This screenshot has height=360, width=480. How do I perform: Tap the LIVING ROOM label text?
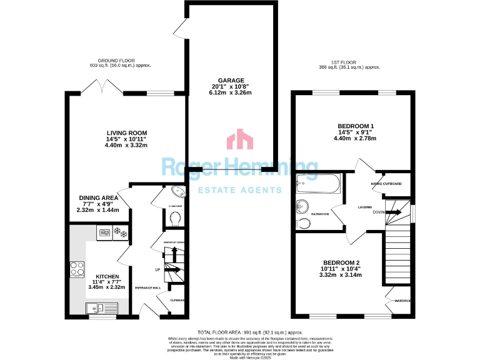click(126, 132)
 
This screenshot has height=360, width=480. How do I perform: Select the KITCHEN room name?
click(107, 276)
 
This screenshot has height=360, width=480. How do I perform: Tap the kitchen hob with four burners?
click(78, 269)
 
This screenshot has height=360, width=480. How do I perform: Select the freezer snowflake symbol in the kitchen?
click(120, 234)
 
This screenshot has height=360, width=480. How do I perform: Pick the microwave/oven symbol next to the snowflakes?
click(104, 234)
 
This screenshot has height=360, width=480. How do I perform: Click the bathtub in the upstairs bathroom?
click(317, 184)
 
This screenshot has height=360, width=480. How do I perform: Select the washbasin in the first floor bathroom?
click(304, 206)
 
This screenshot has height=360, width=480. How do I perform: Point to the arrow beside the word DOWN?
click(394, 212)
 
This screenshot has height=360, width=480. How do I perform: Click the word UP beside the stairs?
click(157, 270)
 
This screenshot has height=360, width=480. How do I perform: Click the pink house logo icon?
click(239, 140)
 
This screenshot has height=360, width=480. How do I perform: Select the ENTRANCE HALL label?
click(147, 287)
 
